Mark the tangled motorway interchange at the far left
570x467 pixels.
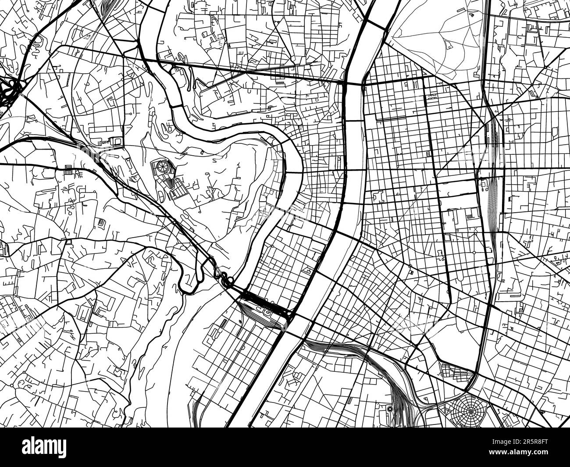10,93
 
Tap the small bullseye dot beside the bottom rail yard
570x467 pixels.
389,409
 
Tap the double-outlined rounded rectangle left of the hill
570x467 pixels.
117,141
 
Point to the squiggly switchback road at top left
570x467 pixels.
35,44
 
